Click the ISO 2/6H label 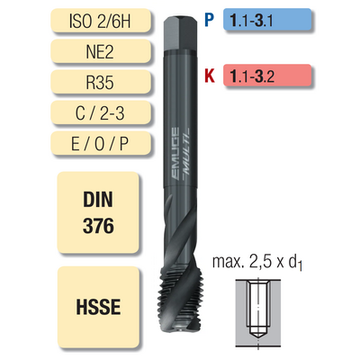point(101,20)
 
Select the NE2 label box point(101,51)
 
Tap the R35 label point(101,82)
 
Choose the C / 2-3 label point(101,112)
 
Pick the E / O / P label point(101,143)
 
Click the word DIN point(98,200)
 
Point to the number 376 point(98,226)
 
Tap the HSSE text point(98,307)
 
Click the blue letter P point(209,20)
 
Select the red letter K point(210,76)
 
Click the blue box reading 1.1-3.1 point(267,20)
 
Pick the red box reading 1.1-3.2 point(267,75)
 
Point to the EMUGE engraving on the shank point(175,154)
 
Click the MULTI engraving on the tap point(185,152)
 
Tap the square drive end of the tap point(181,33)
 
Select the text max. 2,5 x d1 point(257,263)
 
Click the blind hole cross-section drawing point(258,313)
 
